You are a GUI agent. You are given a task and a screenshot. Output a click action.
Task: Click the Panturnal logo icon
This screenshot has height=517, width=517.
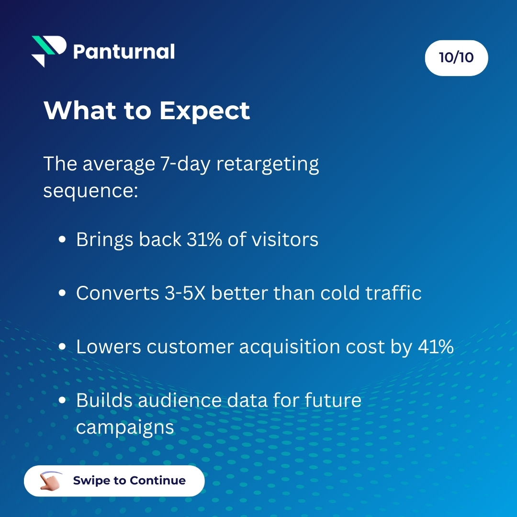coord(48,51)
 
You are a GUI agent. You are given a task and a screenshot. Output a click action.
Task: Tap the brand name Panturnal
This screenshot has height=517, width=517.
coord(124,51)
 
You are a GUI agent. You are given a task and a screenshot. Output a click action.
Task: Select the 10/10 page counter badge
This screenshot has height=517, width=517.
coord(456,58)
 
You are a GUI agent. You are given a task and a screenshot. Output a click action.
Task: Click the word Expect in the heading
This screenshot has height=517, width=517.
coord(204,111)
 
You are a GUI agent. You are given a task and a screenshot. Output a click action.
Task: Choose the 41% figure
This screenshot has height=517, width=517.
coord(435,347)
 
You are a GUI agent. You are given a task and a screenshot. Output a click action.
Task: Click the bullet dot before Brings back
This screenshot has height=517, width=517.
coord(62,240)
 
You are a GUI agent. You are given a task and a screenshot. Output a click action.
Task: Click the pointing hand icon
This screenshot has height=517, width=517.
coord(51,480)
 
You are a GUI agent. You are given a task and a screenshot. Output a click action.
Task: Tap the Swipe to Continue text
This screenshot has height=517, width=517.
coord(129,481)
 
